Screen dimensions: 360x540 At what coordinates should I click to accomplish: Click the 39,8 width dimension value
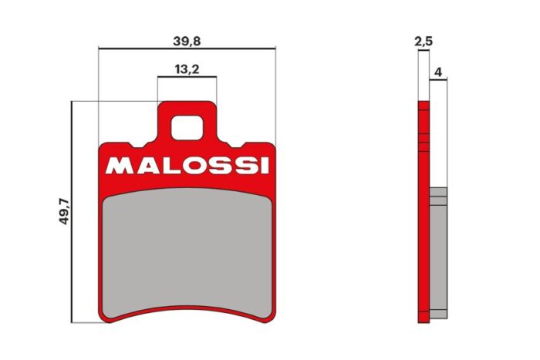(187, 39)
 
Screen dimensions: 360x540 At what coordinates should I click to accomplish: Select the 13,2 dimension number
(187, 69)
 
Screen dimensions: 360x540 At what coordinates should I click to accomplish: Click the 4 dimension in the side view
(438, 72)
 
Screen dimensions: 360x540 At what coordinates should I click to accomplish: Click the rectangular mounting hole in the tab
(187, 126)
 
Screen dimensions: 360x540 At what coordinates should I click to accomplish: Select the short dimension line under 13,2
(187, 78)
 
